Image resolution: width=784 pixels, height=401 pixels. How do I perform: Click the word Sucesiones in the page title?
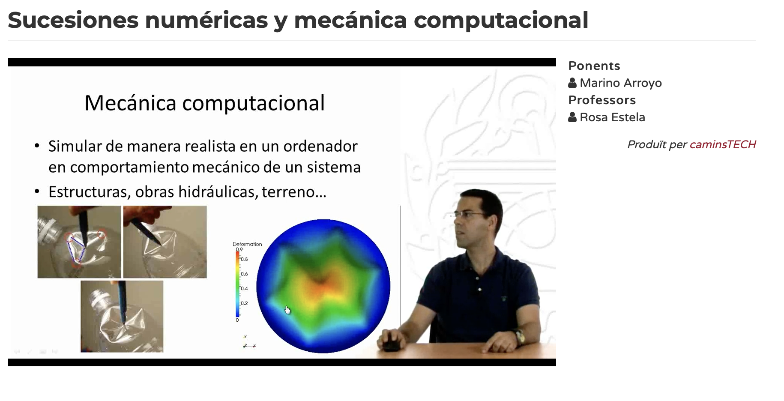coord(73,20)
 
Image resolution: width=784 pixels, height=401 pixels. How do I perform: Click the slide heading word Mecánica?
coord(131,103)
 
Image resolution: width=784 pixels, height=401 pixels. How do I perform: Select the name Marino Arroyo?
coord(621,83)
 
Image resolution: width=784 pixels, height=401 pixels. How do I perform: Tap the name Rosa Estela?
coord(612,117)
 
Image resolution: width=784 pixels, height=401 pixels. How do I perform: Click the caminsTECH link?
coord(723,144)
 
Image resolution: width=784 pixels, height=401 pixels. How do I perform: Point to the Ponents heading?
coord(594,66)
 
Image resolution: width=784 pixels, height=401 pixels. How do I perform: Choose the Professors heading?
coord(602,100)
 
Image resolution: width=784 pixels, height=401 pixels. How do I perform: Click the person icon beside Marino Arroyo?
coord(572,83)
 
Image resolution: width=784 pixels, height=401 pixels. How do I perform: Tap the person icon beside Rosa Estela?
coord(572,117)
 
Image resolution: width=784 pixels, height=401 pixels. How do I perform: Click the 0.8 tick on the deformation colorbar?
coord(244,259)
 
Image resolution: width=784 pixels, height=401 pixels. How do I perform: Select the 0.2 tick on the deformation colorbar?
coord(244,303)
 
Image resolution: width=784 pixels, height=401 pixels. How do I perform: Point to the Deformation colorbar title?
coord(247,244)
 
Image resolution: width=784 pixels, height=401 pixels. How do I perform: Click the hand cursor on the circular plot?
coord(287,310)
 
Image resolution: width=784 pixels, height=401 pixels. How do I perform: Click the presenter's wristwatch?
coord(520,337)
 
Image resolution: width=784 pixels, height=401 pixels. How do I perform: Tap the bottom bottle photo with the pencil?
coord(122,317)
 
